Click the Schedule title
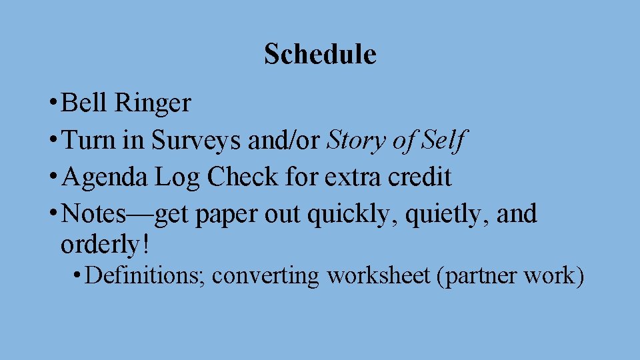[x=320, y=54]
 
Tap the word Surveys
[x=198, y=141]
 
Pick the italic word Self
[x=448, y=141]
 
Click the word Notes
[x=91, y=214]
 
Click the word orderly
[x=100, y=245]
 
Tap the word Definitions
[x=145, y=275]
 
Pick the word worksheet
[x=378, y=275]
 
